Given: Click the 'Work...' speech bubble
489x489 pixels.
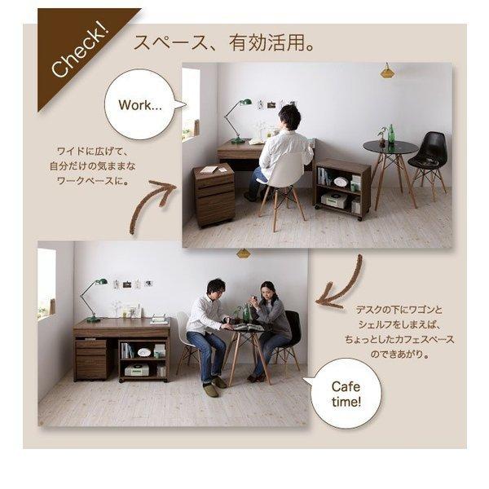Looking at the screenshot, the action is click(140, 104).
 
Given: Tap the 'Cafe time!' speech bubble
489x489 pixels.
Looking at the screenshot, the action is click(346, 394).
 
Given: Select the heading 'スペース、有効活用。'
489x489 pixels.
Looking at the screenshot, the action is click(224, 42).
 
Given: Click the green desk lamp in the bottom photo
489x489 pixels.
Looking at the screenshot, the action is click(94, 300).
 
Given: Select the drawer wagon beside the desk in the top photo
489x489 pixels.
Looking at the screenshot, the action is click(214, 195).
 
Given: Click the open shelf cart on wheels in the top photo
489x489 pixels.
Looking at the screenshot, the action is click(341, 189).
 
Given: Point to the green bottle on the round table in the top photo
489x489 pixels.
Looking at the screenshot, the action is click(390, 134).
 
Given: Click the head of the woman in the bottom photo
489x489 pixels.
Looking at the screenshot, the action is click(267, 290).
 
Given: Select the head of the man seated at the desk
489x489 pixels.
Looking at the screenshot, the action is click(290, 117).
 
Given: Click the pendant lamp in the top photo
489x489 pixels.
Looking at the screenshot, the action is click(387, 71).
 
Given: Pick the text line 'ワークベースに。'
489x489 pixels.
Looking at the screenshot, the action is click(93, 181).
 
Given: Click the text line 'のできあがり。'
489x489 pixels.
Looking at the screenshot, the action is click(399, 354).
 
